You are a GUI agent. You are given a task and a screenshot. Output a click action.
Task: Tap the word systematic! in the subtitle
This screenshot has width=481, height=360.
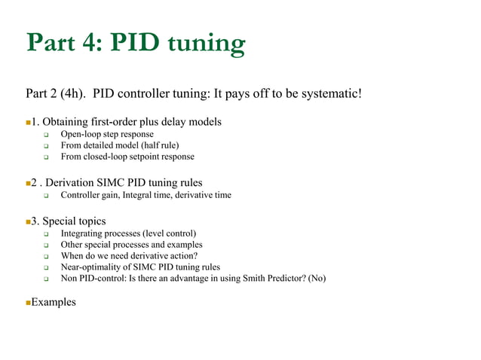tap(329, 94)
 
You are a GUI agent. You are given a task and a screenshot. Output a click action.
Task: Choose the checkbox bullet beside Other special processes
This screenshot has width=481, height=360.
tap(45, 245)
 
